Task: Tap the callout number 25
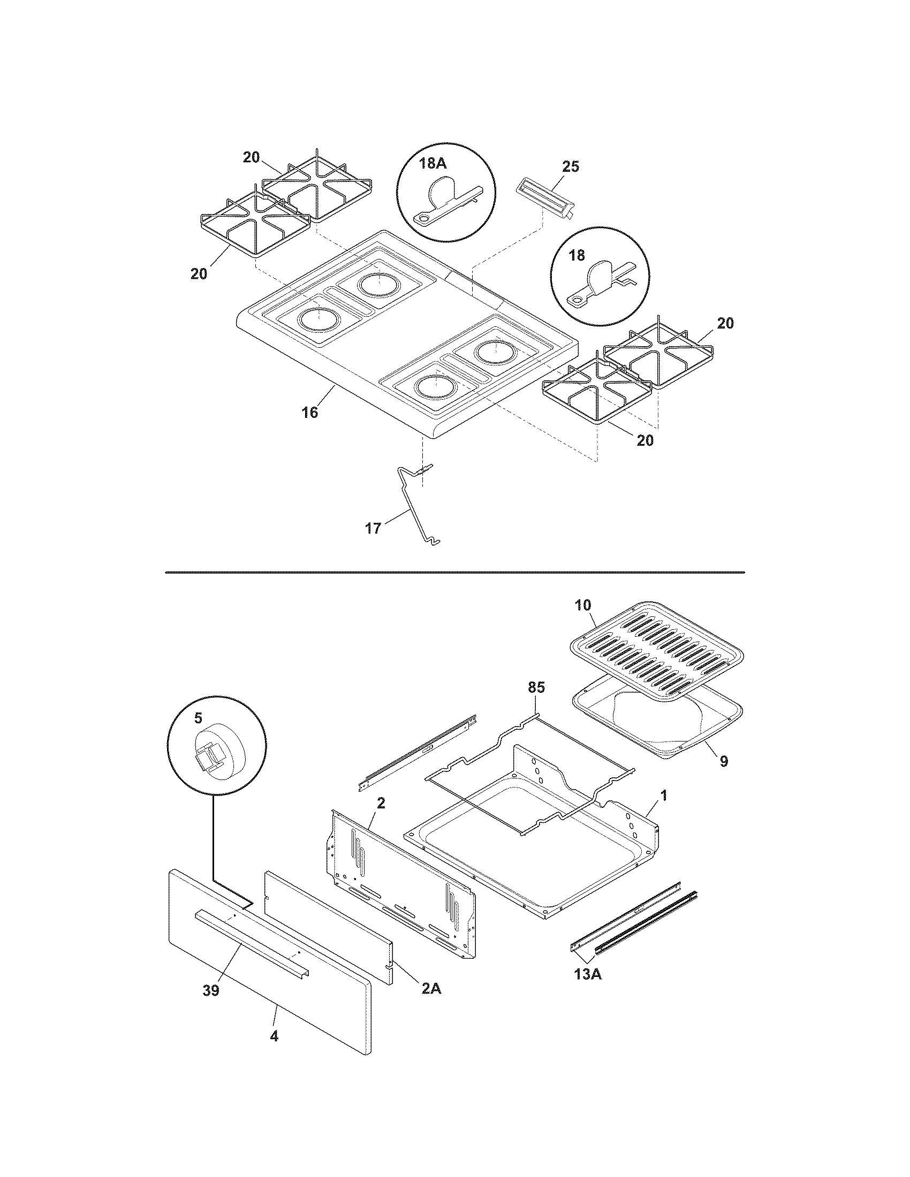point(571,166)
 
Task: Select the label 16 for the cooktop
point(310,412)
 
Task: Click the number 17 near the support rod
point(373,528)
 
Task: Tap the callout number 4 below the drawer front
point(274,1036)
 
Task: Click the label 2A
point(431,989)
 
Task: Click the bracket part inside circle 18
point(598,285)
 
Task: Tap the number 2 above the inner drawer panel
point(381,817)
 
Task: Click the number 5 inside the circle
point(199,717)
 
